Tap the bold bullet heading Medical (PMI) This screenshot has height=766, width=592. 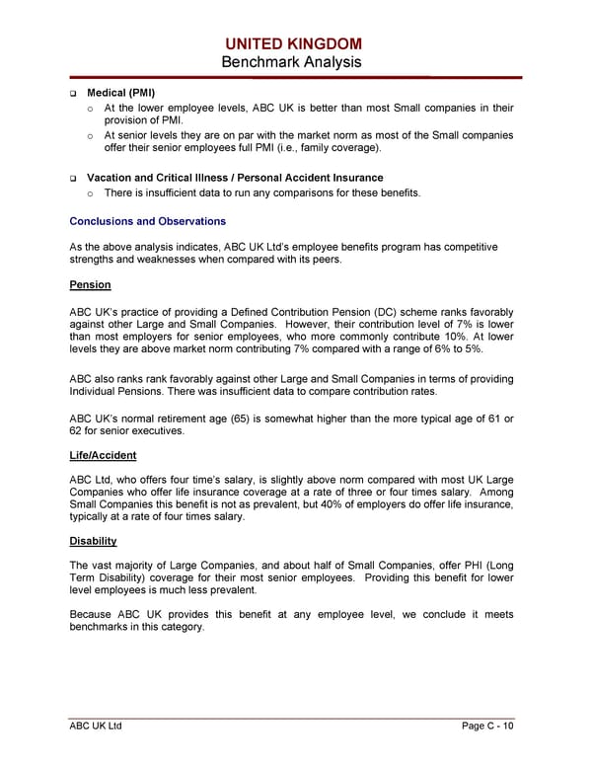click(x=120, y=92)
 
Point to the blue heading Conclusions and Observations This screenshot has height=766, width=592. click(x=147, y=221)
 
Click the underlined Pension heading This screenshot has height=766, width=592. click(x=90, y=285)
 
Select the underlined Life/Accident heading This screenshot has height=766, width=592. click(x=103, y=455)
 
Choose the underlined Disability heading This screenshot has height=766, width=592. click(x=94, y=541)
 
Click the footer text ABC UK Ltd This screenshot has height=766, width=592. click(x=96, y=728)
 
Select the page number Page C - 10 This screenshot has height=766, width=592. click(x=487, y=728)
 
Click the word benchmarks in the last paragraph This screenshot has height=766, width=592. click(x=106, y=628)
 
